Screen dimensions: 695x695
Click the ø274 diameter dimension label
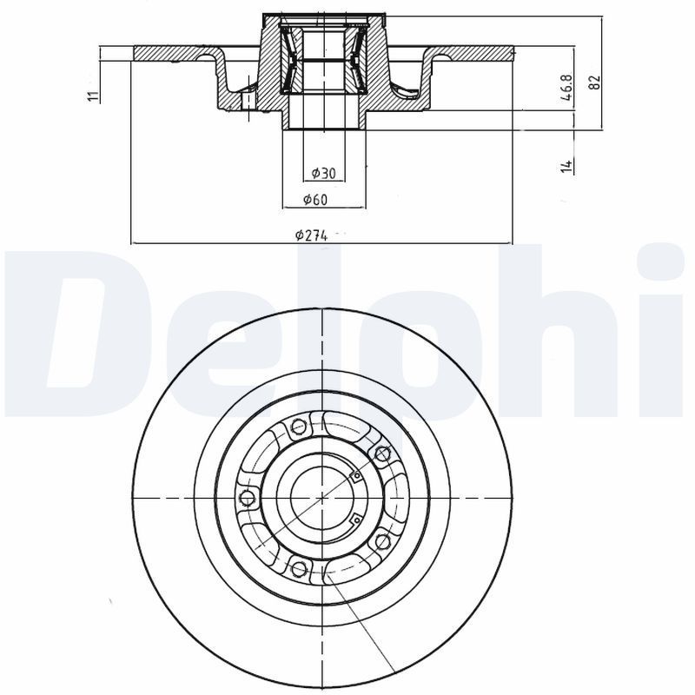pyautogui.click(x=309, y=235)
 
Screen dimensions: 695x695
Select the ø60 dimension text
pyautogui.click(x=314, y=200)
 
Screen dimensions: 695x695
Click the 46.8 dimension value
pyautogui.click(x=566, y=89)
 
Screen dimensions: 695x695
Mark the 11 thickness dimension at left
pyautogui.click(x=93, y=96)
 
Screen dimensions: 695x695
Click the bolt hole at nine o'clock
pyautogui.click(x=246, y=498)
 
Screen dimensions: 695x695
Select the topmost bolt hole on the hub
pyautogui.click(x=300, y=427)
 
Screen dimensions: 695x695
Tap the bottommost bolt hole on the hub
pyautogui.click(x=300, y=569)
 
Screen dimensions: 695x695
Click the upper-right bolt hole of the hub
pyautogui.click(x=381, y=453)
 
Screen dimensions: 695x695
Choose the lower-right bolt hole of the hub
pyautogui.click(x=381, y=542)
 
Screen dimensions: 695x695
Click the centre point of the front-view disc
pyautogui.click(x=322, y=498)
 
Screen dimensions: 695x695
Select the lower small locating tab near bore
pyautogui.click(x=354, y=520)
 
